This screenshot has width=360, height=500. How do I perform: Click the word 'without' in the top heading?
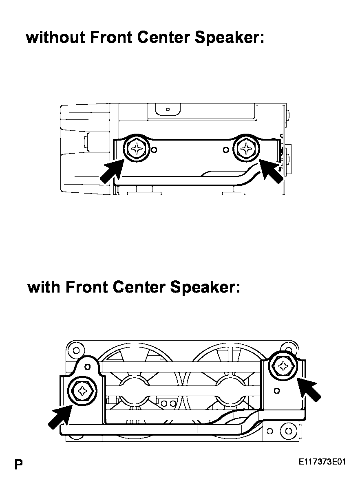pyautogui.click(x=55, y=37)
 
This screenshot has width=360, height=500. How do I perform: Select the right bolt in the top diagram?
pyautogui.click(x=246, y=148)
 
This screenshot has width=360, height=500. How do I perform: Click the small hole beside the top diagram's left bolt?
pyautogui.click(x=154, y=150)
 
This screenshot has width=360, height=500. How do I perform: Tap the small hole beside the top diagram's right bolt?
pyautogui.click(x=225, y=150)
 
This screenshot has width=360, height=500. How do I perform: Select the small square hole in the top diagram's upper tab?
pyautogui.click(x=168, y=109)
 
